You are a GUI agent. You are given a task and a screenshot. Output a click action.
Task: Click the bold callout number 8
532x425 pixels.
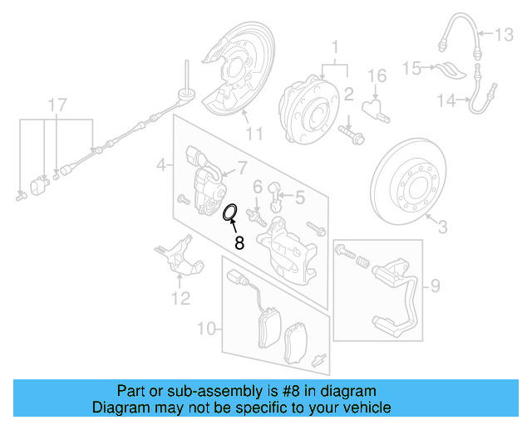pos(239,243)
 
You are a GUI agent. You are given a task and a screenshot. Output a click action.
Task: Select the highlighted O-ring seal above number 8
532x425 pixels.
pos(230,213)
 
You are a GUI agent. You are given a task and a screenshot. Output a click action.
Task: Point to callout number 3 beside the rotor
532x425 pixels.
pos(442,226)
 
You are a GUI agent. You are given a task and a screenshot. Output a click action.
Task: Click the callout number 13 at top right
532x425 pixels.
pos(505,35)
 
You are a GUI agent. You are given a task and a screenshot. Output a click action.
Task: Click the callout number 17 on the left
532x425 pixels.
pos(56,105)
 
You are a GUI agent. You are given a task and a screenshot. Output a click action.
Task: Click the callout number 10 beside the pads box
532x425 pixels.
pos(207,330)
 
